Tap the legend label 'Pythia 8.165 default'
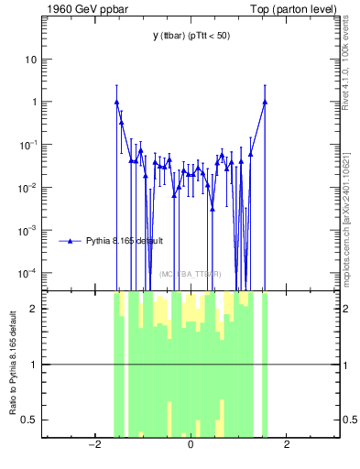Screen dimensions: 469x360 [125, 242]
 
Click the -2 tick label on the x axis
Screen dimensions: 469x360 [93, 445]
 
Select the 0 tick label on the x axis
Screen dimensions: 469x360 [191, 445]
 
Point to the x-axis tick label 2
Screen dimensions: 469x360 [287, 445]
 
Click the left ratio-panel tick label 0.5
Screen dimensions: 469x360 [30, 420]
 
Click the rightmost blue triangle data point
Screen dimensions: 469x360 [265, 102]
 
